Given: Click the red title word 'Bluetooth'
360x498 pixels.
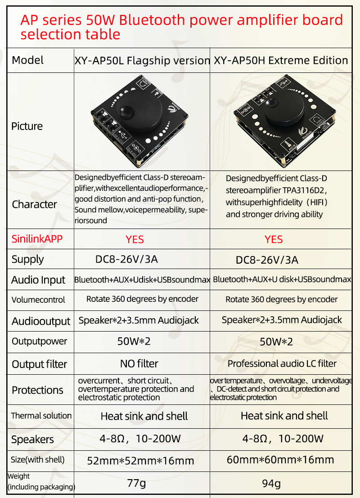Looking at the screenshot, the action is pos(152,20).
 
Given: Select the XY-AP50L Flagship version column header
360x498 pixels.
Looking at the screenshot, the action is pos(142,60).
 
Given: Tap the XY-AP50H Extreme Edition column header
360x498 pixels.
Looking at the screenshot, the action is pos(281,60).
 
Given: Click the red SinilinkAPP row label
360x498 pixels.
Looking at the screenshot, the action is pos(37,239).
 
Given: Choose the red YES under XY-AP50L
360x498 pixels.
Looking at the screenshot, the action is pos(135,239).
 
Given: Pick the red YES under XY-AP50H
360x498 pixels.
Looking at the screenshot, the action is pos(274,239).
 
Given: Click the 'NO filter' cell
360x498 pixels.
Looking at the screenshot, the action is pos(139,363).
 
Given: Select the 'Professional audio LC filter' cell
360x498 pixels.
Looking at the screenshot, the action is pos(282,363).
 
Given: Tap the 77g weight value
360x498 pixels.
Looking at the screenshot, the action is pos(137,484).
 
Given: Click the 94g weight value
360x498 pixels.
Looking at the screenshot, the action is pos(271,484).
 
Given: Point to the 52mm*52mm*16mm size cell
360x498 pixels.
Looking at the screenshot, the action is pos(140,461).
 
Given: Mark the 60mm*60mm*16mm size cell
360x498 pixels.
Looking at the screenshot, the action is pos(280,460).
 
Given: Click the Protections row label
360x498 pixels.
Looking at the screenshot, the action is pos(37,390).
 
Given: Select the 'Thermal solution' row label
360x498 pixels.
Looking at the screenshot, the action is pos(41,415).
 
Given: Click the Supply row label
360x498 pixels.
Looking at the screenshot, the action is pos(27,260).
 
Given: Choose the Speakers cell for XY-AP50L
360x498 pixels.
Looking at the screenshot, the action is pos(140,439).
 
